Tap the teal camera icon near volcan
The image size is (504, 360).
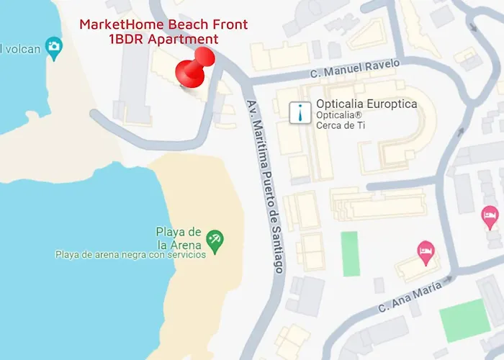point(53,48)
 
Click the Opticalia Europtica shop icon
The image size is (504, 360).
point(300,112)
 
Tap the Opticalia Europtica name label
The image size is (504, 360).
point(366,104)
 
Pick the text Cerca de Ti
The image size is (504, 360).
point(341,125)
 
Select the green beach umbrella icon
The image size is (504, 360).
point(215,238)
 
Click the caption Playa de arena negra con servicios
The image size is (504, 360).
point(130,253)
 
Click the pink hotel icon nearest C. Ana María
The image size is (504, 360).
point(425,250)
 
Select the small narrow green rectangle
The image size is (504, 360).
point(350,253)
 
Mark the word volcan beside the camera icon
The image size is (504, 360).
point(19,48)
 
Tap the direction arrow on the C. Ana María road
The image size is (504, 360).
point(449,278)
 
